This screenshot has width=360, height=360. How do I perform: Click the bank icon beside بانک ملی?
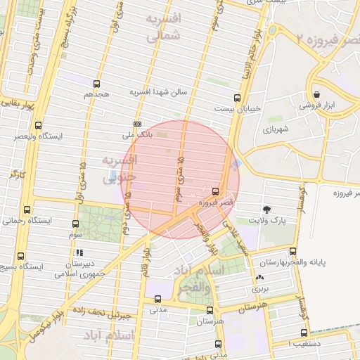136,124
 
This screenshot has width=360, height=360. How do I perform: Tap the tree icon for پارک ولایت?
266,210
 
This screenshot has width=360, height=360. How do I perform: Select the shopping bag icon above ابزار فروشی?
317,94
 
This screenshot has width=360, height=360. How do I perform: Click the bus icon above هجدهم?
96,84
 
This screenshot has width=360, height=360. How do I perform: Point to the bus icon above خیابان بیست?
236,98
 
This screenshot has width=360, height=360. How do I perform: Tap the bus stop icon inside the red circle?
214,191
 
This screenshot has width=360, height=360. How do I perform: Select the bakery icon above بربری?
261,278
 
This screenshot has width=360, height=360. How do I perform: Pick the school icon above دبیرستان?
79,252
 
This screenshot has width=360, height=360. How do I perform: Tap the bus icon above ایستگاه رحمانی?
27,210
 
